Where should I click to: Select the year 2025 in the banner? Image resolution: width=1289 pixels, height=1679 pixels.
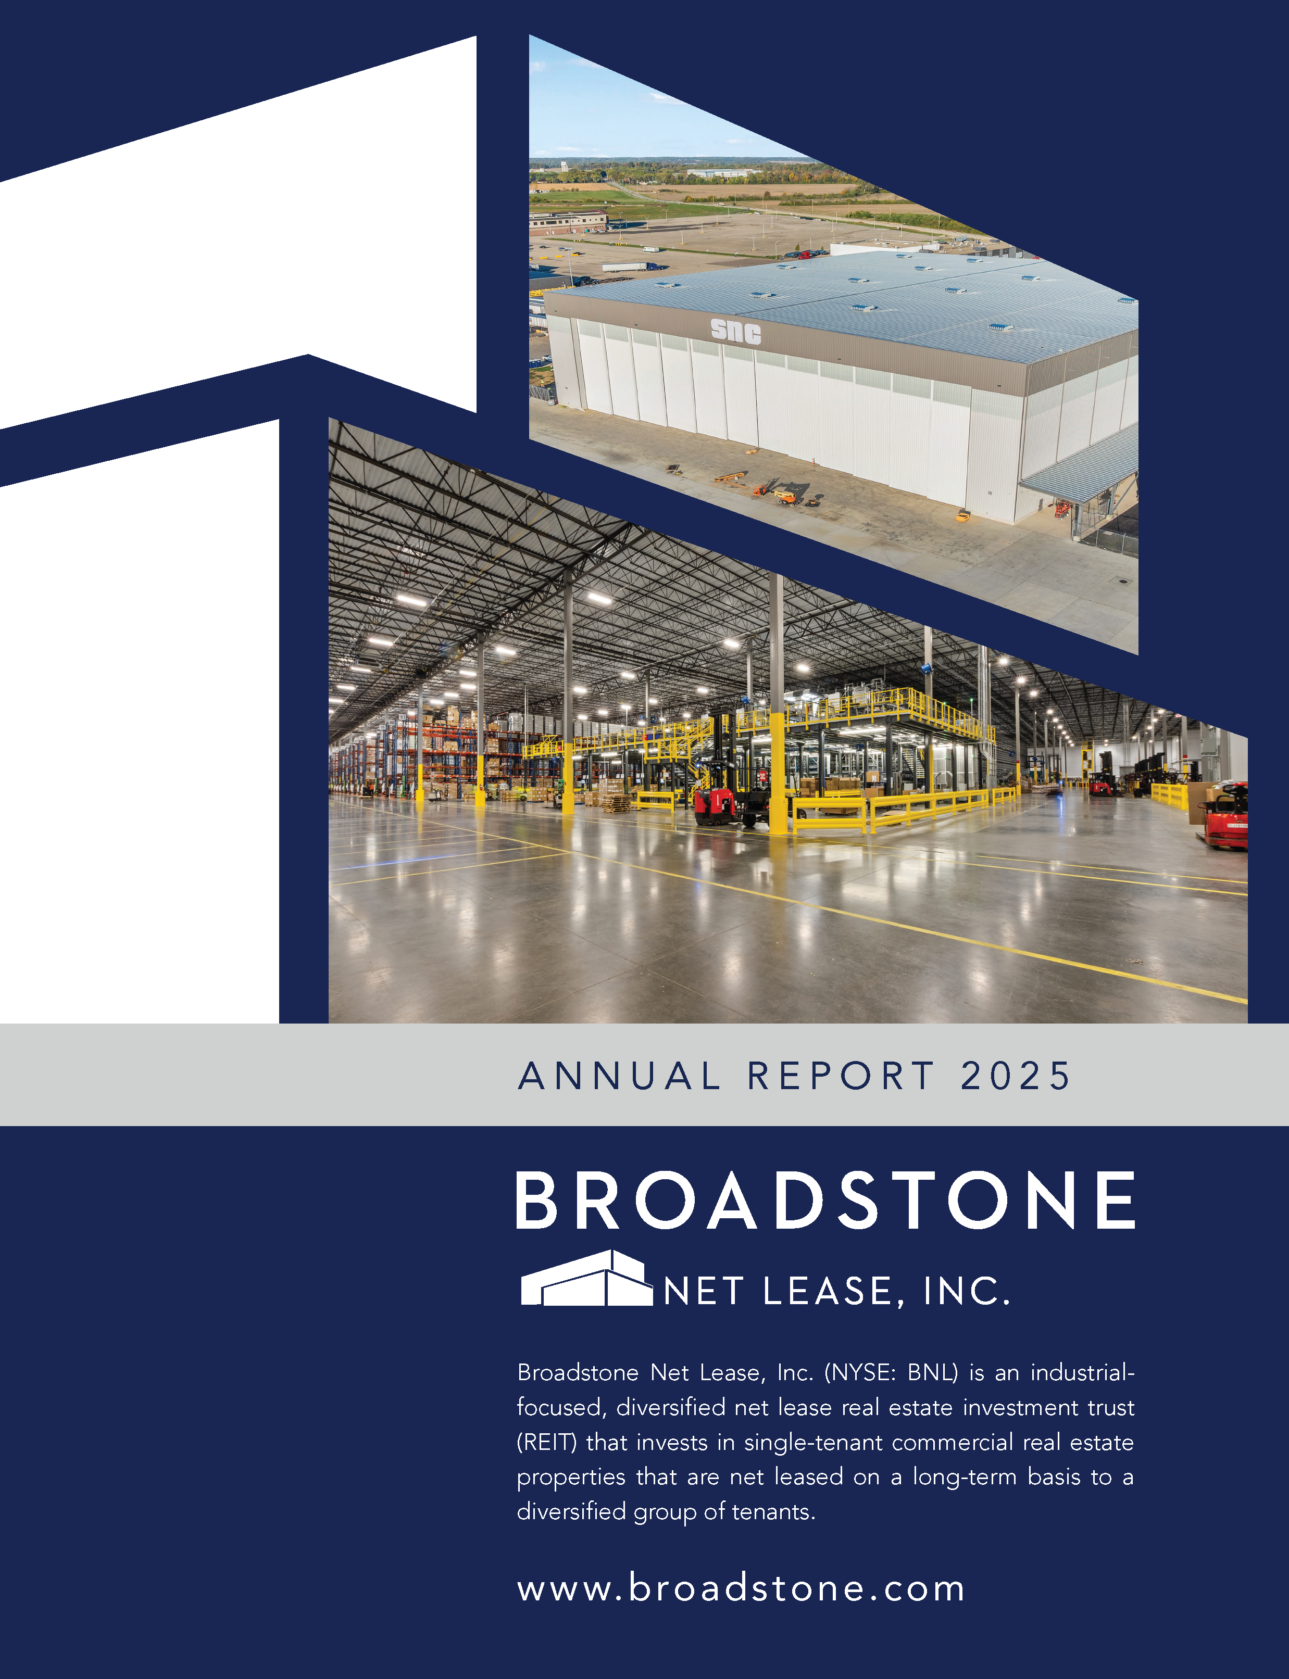[1015, 1076]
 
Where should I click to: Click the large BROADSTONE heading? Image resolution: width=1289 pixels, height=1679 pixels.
[825, 1201]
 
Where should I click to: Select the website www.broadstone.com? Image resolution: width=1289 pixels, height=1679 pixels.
[741, 1588]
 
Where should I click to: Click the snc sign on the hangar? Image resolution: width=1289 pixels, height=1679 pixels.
[736, 331]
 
